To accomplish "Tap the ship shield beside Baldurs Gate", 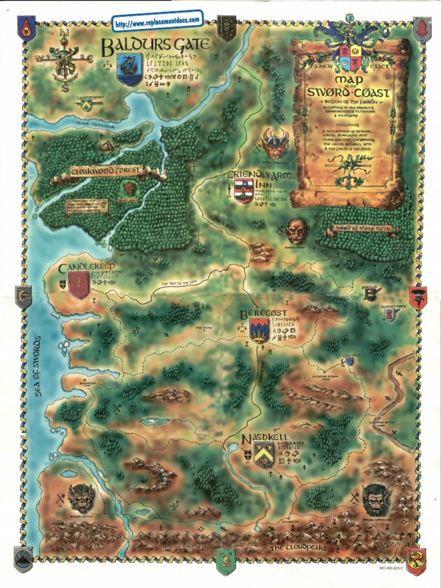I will (129, 68).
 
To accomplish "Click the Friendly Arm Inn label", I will (260, 175).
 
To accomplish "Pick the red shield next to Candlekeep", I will (78, 284).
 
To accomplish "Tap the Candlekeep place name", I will (87, 268).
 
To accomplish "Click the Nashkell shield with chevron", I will (264, 455).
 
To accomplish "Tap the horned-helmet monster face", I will (274, 144).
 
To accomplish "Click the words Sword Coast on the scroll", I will (349, 92).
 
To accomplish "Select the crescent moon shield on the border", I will (23, 297).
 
